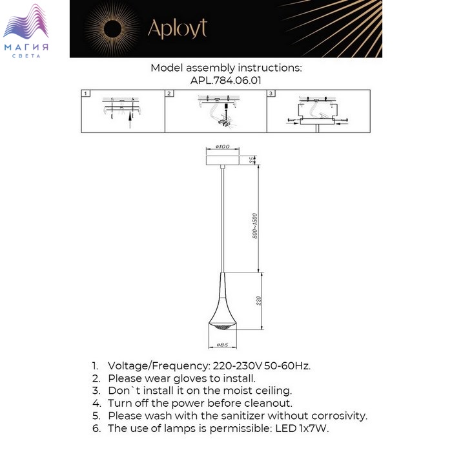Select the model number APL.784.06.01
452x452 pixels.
coord(226,80)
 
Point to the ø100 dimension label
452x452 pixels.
coord(223,147)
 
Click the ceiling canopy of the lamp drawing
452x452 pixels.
coord(223,158)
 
